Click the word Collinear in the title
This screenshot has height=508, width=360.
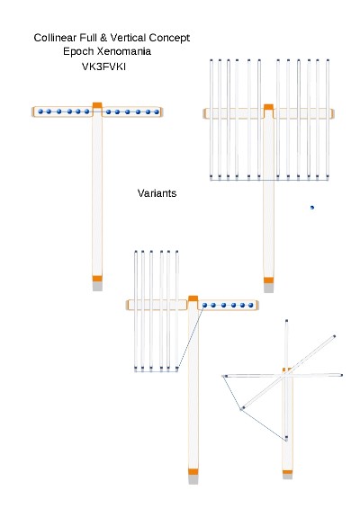(55, 38)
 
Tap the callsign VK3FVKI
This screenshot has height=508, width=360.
(103, 67)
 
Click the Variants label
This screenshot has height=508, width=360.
(157, 193)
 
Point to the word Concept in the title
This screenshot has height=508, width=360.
(169, 38)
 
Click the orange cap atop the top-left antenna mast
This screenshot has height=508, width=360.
(97, 105)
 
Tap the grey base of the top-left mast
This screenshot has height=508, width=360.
(97, 286)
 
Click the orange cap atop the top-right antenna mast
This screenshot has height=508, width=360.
(268, 107)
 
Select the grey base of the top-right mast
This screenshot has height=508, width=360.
(268, 288)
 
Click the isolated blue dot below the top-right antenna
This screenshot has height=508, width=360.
(312, 208)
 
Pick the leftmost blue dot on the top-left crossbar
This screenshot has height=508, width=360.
(40, 111)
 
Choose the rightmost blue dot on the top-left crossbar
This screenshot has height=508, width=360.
(157, 111)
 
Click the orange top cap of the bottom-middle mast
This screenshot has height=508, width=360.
(193, 299)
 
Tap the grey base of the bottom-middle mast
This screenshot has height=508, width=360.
(193, 479)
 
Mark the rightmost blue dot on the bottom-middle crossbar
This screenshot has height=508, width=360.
(251, 305)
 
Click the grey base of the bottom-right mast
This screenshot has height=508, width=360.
(287, 477)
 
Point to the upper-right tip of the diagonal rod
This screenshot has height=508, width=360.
(335, 336)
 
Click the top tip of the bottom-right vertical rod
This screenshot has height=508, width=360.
(286, 321)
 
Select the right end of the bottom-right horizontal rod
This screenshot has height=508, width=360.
(341, 375)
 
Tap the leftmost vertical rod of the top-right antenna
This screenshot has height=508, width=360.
(211, 120)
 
